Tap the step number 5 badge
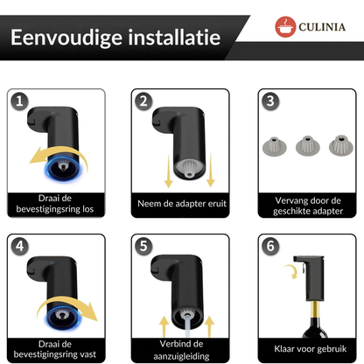[143, 246]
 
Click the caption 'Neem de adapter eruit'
[181, 205]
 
